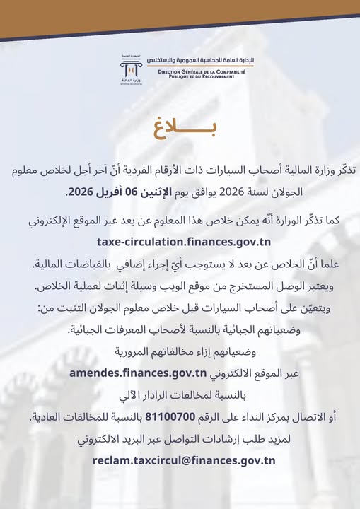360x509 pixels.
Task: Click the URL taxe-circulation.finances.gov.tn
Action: (x=180, y=242)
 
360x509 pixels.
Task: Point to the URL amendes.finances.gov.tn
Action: (x=138, y=373)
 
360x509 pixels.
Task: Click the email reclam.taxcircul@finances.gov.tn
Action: (x=184, y=460)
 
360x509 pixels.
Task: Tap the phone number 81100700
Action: (x=195, y=417)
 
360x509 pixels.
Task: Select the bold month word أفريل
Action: (x=132, y=192)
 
